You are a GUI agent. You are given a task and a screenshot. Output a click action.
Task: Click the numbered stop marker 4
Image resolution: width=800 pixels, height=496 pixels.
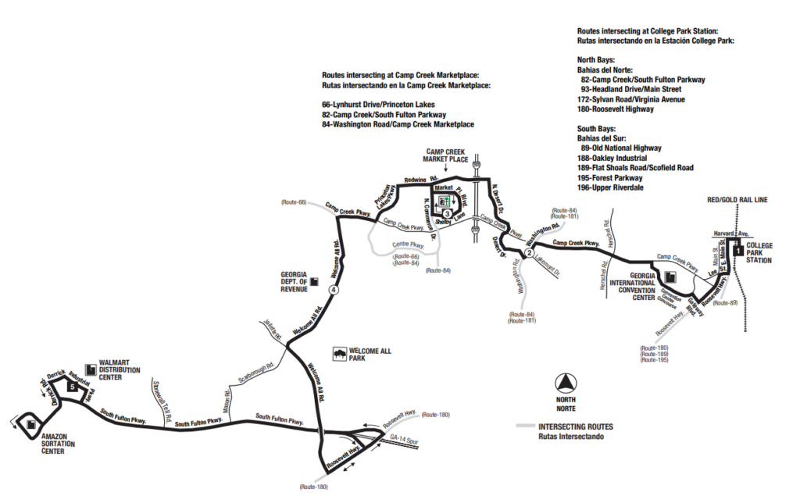point(334,290)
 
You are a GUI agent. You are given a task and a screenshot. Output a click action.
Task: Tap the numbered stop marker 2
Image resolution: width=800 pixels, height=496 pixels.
point(529,252)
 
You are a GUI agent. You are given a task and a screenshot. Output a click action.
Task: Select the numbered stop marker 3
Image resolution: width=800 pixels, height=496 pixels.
point(446,213)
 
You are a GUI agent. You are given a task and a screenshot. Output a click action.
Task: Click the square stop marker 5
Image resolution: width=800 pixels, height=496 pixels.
point(71,386)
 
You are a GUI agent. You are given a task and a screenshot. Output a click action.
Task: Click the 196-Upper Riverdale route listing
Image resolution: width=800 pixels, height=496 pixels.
point(614,187)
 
